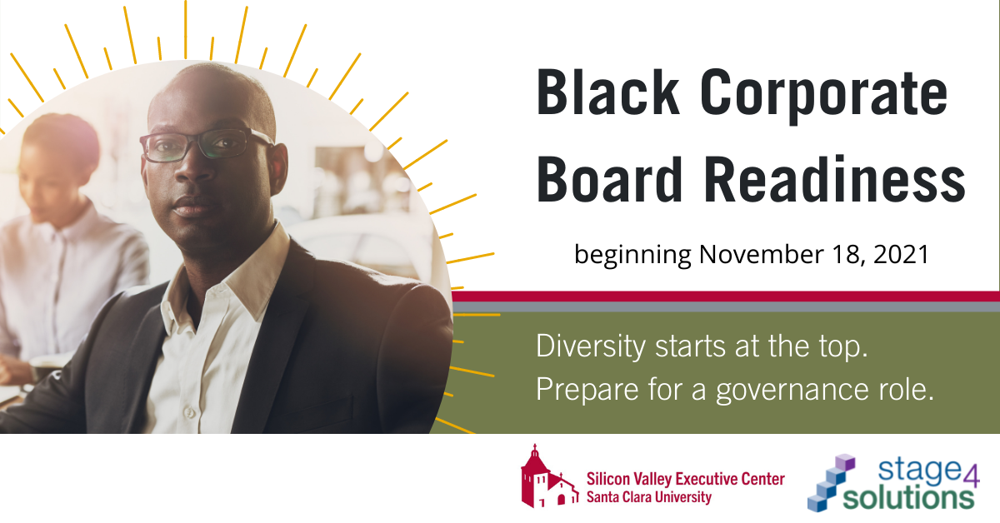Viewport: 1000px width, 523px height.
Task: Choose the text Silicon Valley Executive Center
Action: tap(685, 479)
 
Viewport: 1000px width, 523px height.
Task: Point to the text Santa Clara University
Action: tap(649, 497)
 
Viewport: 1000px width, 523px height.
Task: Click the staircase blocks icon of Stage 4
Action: tap(832, 482)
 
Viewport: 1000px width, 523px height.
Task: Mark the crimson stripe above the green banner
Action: tap(725, 296)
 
